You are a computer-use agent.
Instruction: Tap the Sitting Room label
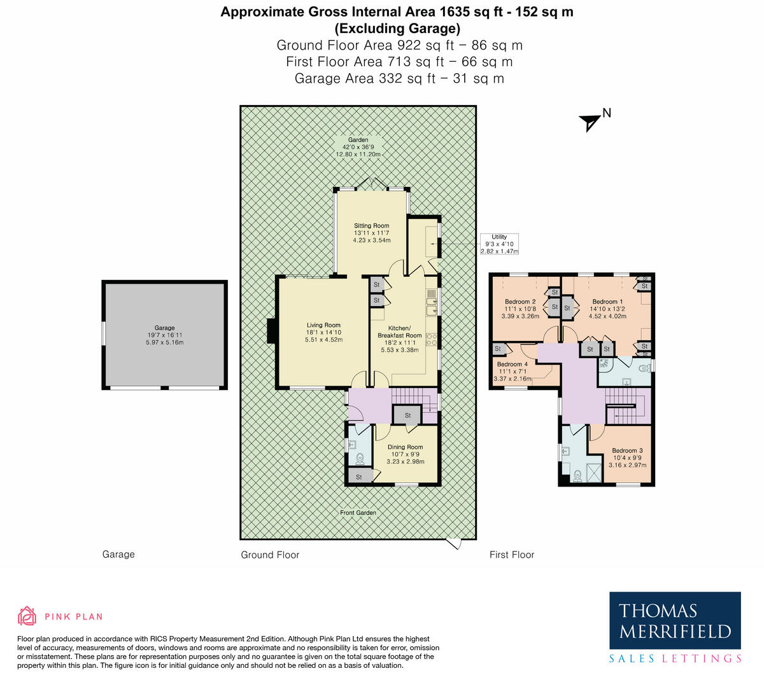pyautogui.click(x=372, y=233)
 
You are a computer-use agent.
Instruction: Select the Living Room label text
pyautogui.click(x=323, y=332)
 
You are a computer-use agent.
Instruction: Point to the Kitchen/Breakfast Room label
pyautogui.click(x=400, y=338)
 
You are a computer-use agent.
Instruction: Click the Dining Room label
pyautogui.click(x=406, y=454)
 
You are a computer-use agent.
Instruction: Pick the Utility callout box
pyautogui.click(x=499, y=244)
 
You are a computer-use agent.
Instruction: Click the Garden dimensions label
pyautogui.click(x=358, y=147)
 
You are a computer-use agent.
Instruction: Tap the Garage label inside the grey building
pyautogui.click(x=164, y=335)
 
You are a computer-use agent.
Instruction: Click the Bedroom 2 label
pyautogui.click(x=520, y=309)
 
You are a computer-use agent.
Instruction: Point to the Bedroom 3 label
pyautogui.click(x=627, y=457)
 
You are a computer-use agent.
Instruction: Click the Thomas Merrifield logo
pyautogui.click(x=675, y=628)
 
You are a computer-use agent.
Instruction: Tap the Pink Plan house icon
pyautogui.click(x=27, y=616)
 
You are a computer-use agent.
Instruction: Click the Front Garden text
pyautogui.click(x=358, y=513)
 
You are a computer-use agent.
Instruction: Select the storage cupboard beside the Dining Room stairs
pyautogui.click(x=408, y=415)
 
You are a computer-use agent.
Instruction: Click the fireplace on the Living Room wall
pyautogui.click(x=272, y=331)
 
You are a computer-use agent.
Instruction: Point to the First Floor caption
pyautogui.click(x=512, y=555)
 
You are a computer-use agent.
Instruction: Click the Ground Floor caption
pyautogui.click(x=270, y=555)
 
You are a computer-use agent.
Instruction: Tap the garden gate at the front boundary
pyautogui.click(x=453, y=544)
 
